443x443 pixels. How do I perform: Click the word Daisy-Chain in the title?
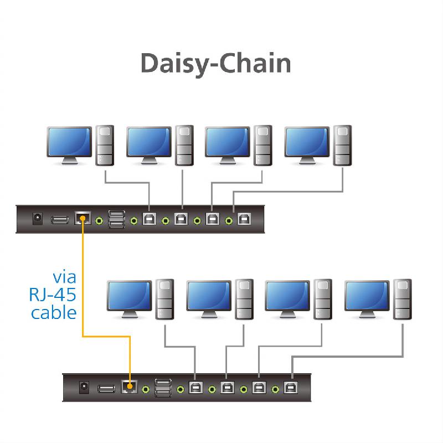(216, 64)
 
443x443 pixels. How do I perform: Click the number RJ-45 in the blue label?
(53, 294)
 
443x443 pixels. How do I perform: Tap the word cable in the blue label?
(54, 312)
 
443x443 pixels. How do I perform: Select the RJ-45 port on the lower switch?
(130, 387)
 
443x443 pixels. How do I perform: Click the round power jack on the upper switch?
(38, 219)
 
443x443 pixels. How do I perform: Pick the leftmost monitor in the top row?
(69, 143)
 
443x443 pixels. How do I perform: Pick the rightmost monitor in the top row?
(307, 143)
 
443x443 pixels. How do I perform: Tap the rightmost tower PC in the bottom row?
(403, 299)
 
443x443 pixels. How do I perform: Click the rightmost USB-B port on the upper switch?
(244, 220)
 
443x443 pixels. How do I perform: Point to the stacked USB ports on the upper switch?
(117, 219)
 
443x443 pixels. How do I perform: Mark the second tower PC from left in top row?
(184, 145)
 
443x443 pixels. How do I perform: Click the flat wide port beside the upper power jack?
(60, 220)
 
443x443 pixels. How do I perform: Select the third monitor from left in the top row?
(228, 143)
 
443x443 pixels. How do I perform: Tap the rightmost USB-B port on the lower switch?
(290, 388)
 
